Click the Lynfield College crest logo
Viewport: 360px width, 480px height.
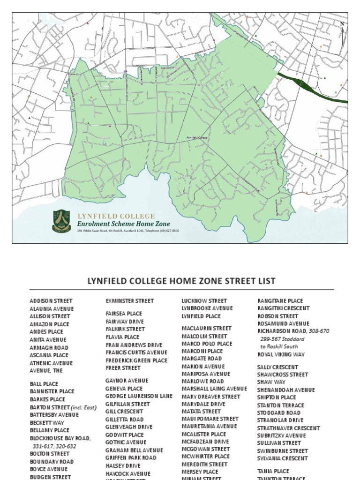pyautogui.click(x=61, y=221)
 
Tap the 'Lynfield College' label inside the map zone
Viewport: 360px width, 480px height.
pyautogui.click(x=197, y=137)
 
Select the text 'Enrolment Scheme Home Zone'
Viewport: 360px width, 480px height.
pyautogui.click(x=124, y=224)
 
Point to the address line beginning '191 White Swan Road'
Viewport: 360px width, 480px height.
pyautogui.click(x=128, y=231)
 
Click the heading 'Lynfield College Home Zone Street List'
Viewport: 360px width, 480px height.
pyautogui.click(x=181, y=281)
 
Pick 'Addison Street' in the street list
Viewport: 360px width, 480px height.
pyautogui.click(x=51, y=301)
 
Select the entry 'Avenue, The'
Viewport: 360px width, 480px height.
pyautogui.click(x=46, y=370)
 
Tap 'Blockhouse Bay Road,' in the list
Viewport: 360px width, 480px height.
pyautogui.click(x=60, y=438)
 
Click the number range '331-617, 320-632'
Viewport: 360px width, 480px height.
pyautogui.click(x=54, y=446)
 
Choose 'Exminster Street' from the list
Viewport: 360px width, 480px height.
pyautogui.click(x=129, y=301)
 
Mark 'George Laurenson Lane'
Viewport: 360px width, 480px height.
pyautogui.click(x=139, y=396)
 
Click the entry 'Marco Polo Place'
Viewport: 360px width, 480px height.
pyautogui.click(x=207, y=344)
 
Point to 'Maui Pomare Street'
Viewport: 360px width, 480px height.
pyautogui.click(x=210, y=419)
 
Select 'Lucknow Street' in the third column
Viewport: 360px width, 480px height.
pyautogui.click(x=204, y=301)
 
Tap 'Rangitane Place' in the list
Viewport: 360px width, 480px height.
pyautogui.click(x=280, y=301)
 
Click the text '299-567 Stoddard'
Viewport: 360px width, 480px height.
pyautogui.click(x=282, y=339)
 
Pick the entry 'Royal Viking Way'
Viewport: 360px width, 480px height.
pyautogui.click(x=281, y=354)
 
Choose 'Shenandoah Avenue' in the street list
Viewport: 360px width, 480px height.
pyautogui.click(x=286, y=390)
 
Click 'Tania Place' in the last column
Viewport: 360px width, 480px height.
pyautogui.click(x=273, y=471)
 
